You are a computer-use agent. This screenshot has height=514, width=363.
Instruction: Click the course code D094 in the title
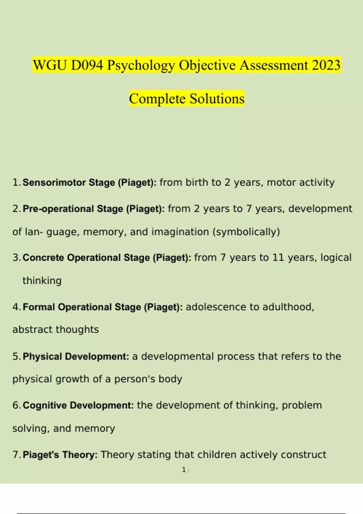tap(87, 65)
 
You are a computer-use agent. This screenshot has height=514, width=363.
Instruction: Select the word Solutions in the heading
tap(217, 99)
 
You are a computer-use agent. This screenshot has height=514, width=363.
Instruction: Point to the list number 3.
tap(16, 258)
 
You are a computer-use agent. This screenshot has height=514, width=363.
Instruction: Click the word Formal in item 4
tap(39, 307)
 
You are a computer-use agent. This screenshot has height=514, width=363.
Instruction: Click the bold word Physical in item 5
tap(42, 356)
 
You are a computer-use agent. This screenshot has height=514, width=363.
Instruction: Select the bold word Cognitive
tap(45, 405)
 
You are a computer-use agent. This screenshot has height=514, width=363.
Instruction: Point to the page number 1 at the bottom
tap(184, 470)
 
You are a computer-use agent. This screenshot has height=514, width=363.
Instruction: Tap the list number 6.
tap(16, 405)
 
